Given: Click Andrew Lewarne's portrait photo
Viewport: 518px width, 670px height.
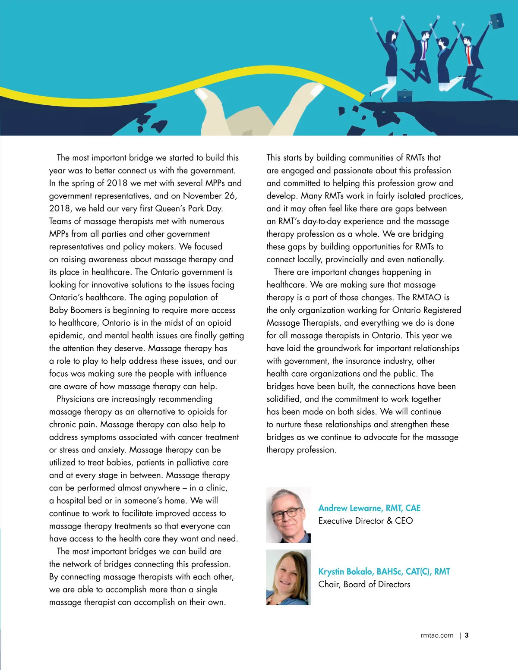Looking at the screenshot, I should coord(288,515).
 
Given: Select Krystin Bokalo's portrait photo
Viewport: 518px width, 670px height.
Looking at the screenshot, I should coord(288,577).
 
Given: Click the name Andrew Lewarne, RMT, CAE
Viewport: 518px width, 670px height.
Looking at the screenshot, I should coord(369,508).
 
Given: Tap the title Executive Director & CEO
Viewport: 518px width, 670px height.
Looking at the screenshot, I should coord(365,521).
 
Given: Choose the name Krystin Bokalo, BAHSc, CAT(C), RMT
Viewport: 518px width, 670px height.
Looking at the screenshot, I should coord(384,571).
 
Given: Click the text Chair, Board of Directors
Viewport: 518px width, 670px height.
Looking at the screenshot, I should coord(364,584).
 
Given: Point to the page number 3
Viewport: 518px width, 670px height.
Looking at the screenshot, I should coord(467,635).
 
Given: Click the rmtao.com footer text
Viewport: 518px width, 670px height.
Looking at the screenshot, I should coord(437,635).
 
